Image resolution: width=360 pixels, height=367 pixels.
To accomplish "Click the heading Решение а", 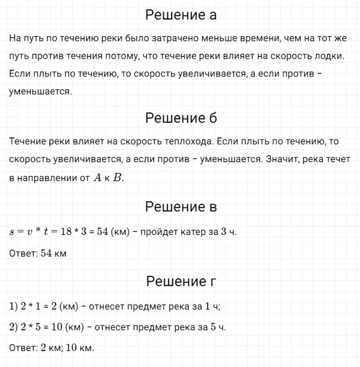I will point(180,15).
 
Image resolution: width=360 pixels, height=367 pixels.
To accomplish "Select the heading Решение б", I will point(180,118).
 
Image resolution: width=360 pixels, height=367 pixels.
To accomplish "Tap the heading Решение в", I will point(180,207).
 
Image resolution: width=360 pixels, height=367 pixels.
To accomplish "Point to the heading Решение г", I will point(180,281).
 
